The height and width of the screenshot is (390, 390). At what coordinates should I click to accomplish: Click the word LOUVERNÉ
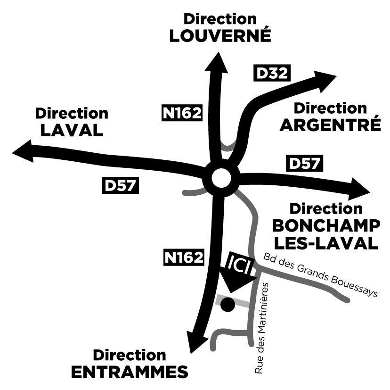[220, 36]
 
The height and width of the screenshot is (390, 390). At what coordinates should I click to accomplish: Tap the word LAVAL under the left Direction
[72, 130]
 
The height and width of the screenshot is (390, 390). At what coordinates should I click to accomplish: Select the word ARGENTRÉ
[330, 125]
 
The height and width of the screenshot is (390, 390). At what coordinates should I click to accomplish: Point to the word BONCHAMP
[326, 225]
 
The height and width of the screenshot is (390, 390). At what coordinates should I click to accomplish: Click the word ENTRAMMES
[130, 372]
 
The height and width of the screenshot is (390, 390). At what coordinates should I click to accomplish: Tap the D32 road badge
[271, 73]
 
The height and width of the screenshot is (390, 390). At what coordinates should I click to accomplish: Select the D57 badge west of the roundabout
[120, 185]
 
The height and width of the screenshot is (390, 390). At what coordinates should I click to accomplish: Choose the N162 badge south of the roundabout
[184, 257]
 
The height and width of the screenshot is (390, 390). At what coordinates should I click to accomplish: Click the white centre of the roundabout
[222, 178]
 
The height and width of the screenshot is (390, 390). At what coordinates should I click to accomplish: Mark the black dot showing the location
[228, 305]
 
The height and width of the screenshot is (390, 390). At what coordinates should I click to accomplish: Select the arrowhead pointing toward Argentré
[325, 80]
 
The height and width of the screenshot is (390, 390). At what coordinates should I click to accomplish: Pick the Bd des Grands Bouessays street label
[320, 275]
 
